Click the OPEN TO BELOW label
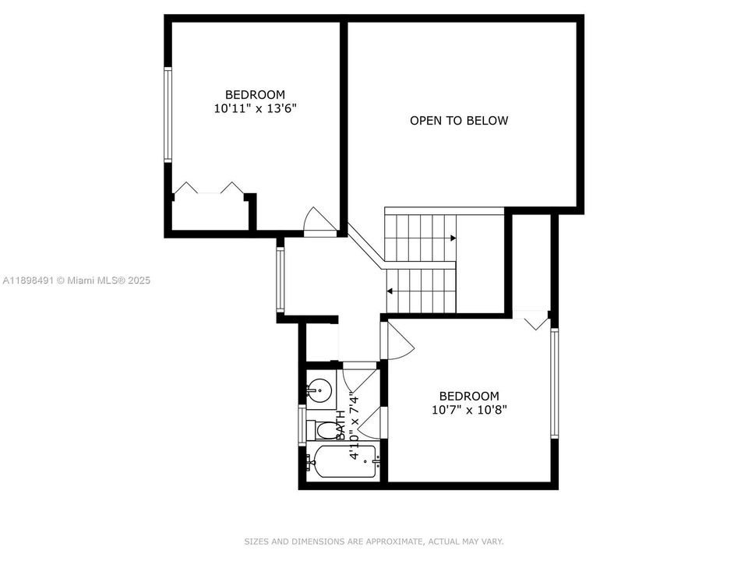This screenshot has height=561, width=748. tap(459, 121)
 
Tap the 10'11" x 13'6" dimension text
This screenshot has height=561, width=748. tap(255, 109)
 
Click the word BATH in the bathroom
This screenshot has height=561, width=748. tap(340, 425)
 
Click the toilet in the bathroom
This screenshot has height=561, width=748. tap(322, 430)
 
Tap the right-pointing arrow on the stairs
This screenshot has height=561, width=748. tap(453, 238)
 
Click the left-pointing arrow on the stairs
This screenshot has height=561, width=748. tap(389, 291)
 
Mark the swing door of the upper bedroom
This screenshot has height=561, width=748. tap(319, 222)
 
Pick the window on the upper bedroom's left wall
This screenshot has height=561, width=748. tap(167, 115)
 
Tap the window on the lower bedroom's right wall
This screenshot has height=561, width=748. tap(555, 383)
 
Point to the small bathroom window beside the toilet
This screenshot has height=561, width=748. tap(302, 425)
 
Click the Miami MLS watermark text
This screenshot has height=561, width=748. tap(76, 280)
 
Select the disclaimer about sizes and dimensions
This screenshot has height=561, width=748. tap(374, 541)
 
